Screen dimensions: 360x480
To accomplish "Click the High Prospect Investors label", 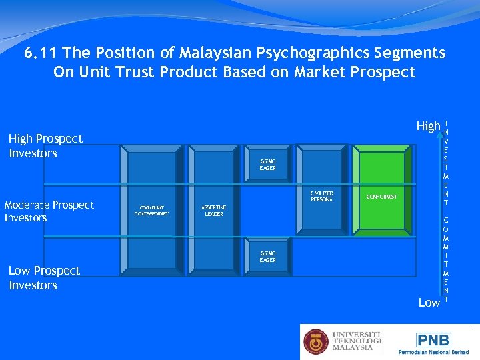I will tap(45, 146).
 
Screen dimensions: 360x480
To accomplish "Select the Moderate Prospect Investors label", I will tap(49, 211).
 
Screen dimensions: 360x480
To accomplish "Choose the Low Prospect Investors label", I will tap(43, 278).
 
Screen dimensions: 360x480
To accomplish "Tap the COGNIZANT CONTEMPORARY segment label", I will tap(151, 211).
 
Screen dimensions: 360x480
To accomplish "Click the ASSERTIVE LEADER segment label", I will tap(214, 211).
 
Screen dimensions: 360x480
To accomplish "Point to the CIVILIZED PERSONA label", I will tap(321, 196).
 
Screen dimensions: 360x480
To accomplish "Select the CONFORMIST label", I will tap(381, 197).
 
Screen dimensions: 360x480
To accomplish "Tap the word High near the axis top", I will tap(428, 125).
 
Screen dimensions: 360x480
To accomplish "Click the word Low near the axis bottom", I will tap(429, 303).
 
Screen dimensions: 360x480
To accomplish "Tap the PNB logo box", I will tap(433, 339).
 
